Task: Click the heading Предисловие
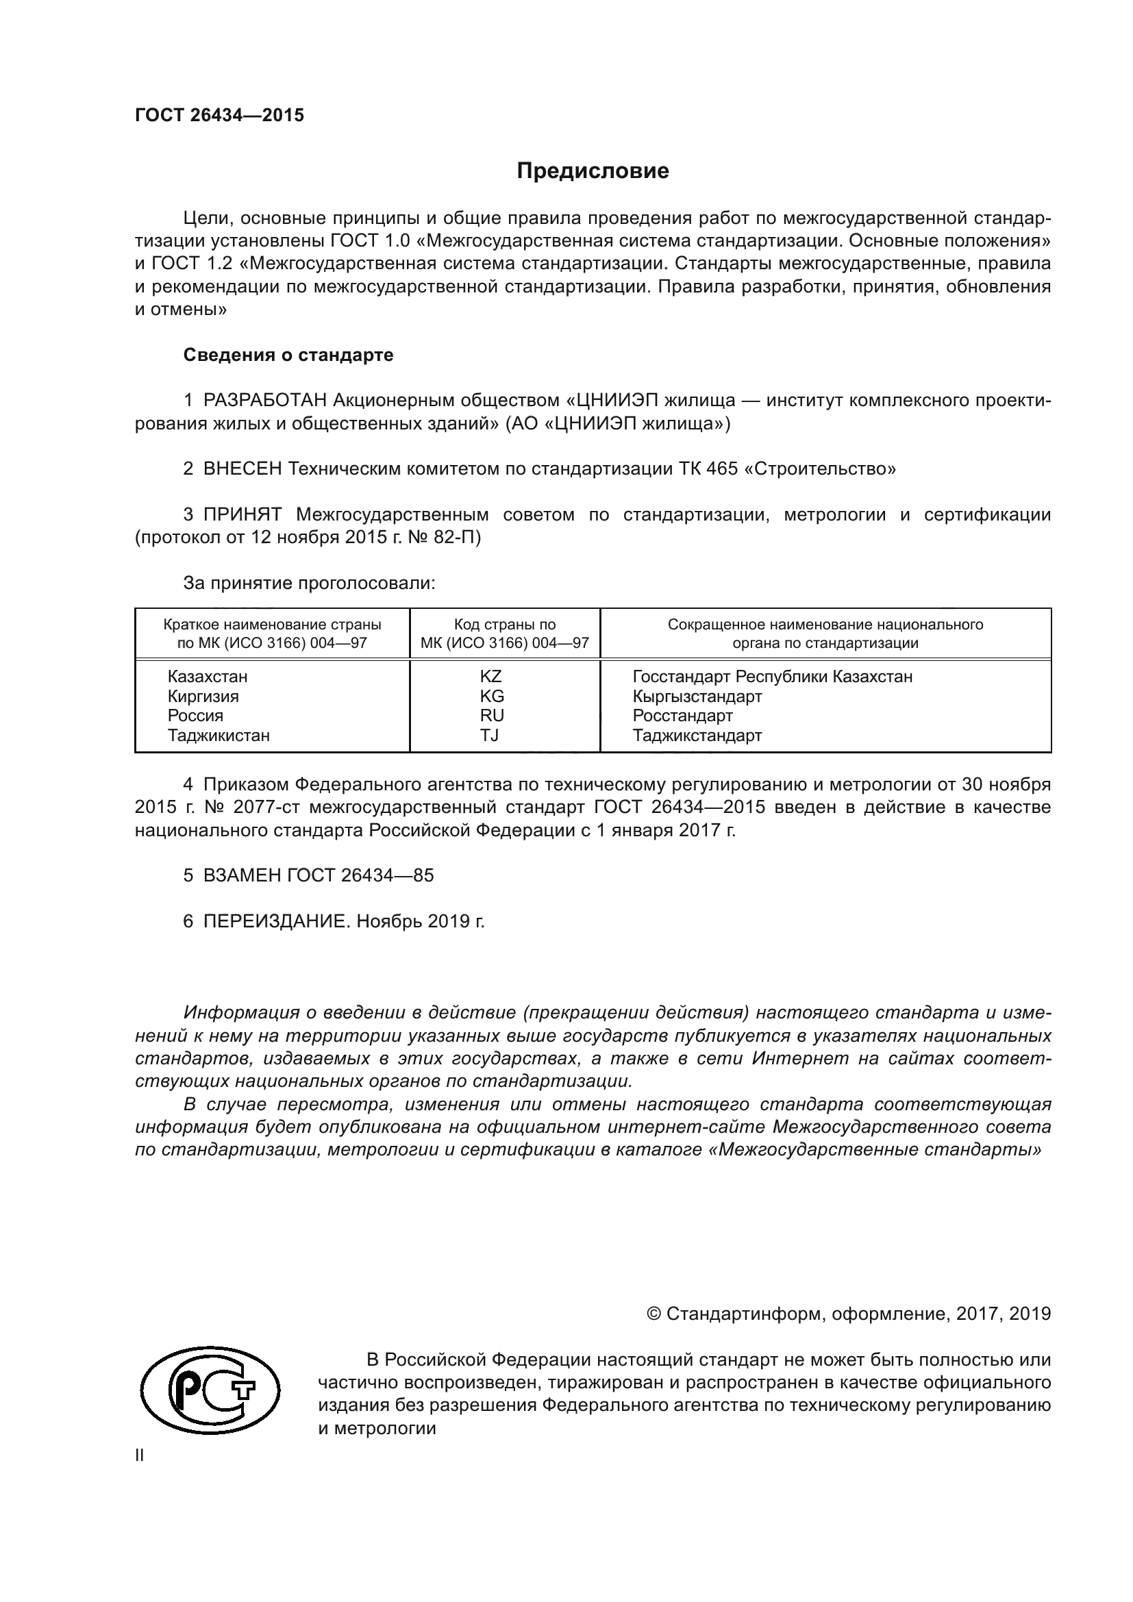click(x=593, y=171)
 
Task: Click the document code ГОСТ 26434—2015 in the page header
click(x=219, y=116)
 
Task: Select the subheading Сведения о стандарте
click(x=288, y=355)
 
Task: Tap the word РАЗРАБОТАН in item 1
click(x=265, y=401)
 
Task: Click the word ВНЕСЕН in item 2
click(x=242, y=469)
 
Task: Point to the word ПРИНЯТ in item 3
click(x=242, y=515)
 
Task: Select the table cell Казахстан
click(x=207, y=677)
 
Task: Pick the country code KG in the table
click(x=491, y=697)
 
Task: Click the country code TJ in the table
click(x=489, y=736)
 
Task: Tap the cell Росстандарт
click(x=682, y=716)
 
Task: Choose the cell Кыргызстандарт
click(x=697, y=697)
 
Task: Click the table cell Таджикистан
click(x=219, y=736)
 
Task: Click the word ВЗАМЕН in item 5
click(x=242, y=876)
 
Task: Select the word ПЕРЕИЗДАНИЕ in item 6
click(x=275, y=922)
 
